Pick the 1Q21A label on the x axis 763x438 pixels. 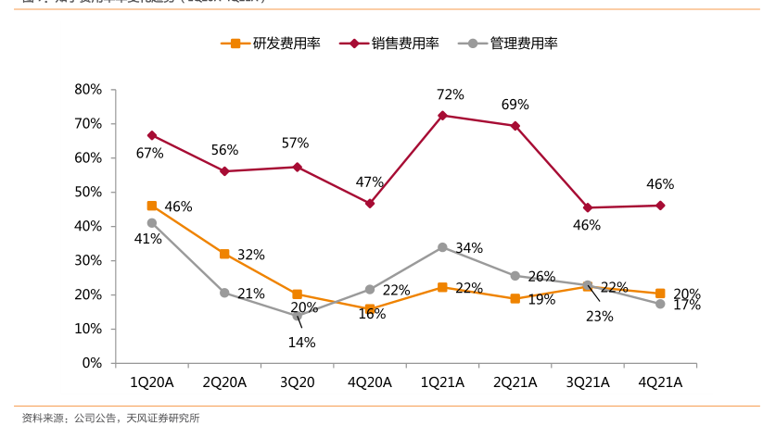pos(442,382)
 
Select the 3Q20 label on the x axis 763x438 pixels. pos(297,382)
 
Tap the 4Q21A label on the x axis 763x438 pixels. pos(660,382)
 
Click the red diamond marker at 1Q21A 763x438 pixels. pos(442,116)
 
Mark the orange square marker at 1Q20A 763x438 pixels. pos(152,206)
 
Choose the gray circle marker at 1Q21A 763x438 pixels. pos(442,247)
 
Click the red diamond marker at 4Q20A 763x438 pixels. pos(370,203)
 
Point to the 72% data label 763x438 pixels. pos(451,94)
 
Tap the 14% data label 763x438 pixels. pos(302,343)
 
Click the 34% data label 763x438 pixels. pos(469,248)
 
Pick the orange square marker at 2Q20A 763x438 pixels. pos(224,254)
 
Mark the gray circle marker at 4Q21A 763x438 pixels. pos(660,304)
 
